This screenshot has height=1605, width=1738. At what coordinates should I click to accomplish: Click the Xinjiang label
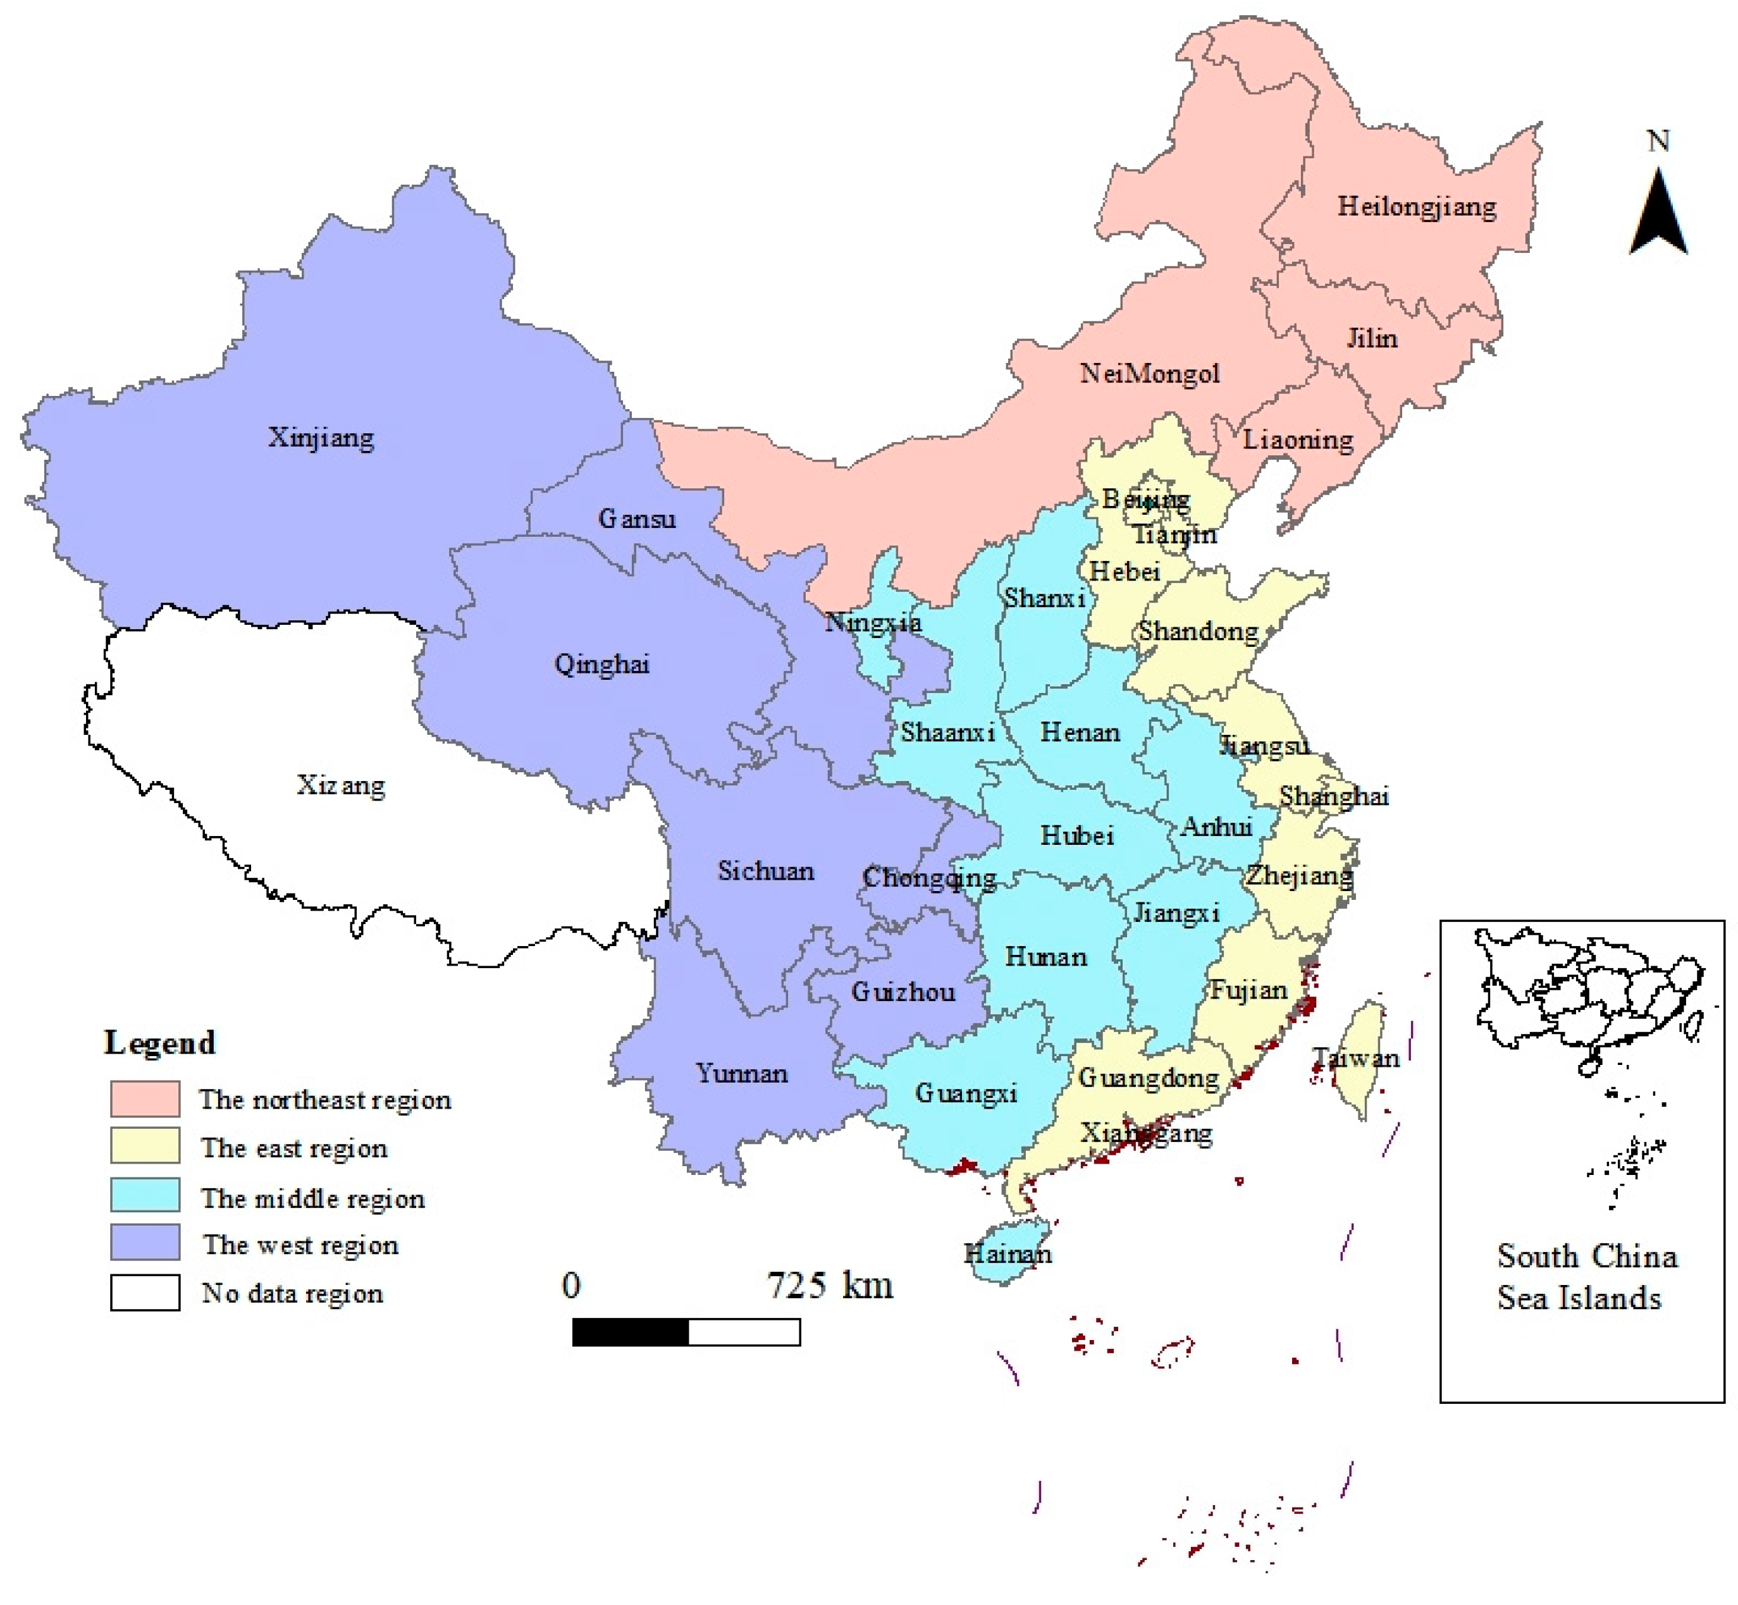pyautogui.click(x=321, y=437)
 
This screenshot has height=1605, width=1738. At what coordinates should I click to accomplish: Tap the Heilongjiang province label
pyautogui.click(x=1416, y=207)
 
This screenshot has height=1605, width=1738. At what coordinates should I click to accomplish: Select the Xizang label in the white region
pyautogui.click(x=340, y=785)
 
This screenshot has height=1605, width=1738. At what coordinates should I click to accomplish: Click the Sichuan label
pyautogui.click(x=765, y=870)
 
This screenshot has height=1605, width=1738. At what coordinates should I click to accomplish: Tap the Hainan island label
pyautogui.click(x=1008, y=1253)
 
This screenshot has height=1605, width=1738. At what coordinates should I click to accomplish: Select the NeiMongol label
pyautogui.click(x=1149, y=374)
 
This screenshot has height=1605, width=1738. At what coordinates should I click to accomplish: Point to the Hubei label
pyautogui.click(x=1076, y=835)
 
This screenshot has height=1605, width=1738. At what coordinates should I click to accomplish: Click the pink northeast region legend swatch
pyautogui.click(x=145, y=1098)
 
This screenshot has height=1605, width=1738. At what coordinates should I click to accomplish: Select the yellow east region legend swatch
pyautogui.click(x=145, y=1147)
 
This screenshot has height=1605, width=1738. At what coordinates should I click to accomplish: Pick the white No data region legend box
pyautogui.click(x=145, y=1293)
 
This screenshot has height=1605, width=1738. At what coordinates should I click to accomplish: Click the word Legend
pyautogui.click(x=160, y=1042)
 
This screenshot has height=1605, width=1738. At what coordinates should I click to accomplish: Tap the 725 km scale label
pyautogui.click(x=830, y=1284)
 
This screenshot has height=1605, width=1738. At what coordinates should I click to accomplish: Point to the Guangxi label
pyautogui.click(x=965, y=1093)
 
